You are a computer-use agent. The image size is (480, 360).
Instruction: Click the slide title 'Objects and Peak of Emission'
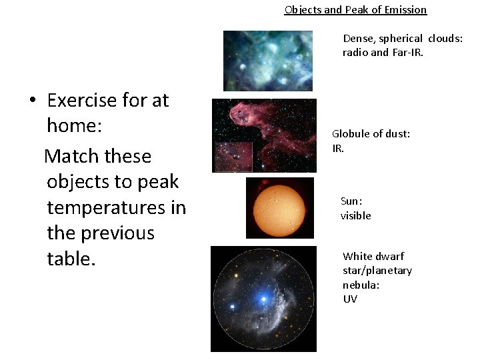coord(355,9)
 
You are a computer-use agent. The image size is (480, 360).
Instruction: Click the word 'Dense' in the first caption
coord(358,39)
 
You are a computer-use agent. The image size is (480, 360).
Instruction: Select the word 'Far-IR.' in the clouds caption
coord(406,53)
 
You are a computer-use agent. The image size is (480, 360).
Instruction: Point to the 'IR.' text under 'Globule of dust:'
coord(338,149)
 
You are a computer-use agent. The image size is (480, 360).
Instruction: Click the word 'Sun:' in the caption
coord(351,201)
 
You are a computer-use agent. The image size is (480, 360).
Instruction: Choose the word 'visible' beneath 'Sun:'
coord(355,215)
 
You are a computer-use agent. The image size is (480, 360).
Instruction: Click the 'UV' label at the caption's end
coord(350,299)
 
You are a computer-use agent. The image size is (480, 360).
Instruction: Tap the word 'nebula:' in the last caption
coord(361,285)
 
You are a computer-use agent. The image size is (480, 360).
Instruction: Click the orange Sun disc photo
coord(279,207)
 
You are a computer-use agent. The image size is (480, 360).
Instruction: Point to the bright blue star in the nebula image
coord(264,299)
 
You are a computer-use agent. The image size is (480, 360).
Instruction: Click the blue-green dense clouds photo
coord(267,61)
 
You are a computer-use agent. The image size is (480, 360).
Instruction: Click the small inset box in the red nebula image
coord(233,157)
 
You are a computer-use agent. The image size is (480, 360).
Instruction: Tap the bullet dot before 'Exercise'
coord(31,101)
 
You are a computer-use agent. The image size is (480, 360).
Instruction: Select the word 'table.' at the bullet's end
coord(71,259)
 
